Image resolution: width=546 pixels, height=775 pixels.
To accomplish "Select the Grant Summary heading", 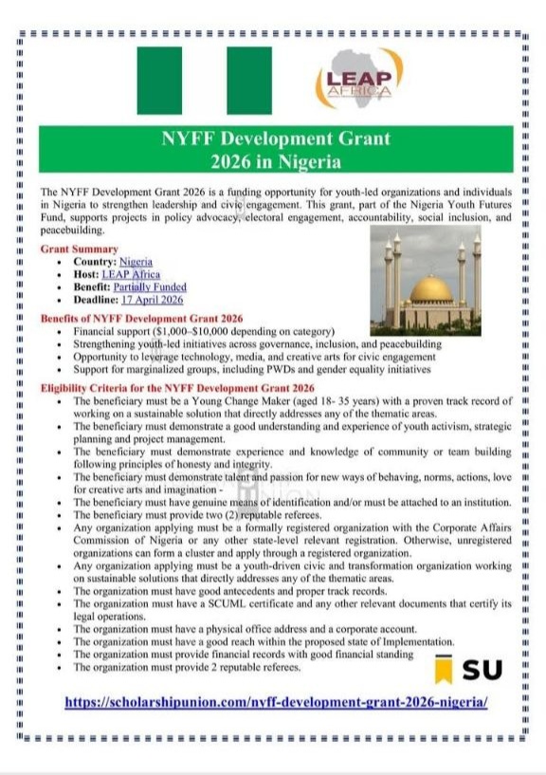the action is click(x=80, y=249).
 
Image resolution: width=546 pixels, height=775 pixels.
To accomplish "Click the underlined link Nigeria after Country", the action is click(x=136, y=261).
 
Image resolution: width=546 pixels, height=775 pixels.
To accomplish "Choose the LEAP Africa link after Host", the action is click(x=131, y=274).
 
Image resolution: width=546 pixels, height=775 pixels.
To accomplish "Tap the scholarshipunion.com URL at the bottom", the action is click(x=276, y=702).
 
